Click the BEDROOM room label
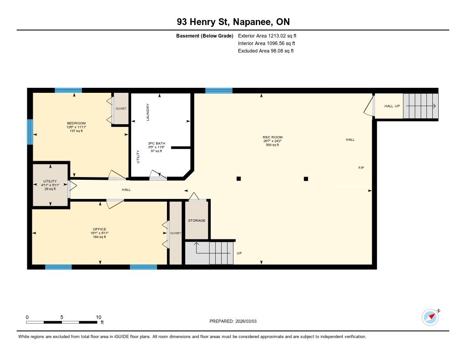coord(76,123)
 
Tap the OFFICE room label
coord(100,229)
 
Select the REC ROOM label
coord(273,137)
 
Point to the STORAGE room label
coord(197,221)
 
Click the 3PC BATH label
coord(157,143)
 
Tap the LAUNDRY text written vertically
coord(148,112)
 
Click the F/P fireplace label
coord(361,168)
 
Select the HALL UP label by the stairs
coord(392,106)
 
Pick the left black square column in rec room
coord(238,179)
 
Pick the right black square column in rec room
coord(306,179)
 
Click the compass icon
coord(431,318)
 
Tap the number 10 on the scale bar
coord(98,317)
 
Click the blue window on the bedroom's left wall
coord(30,132)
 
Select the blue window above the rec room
coord(219,91)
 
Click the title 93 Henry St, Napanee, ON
coord(233,22)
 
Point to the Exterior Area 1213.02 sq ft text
coord(267,35)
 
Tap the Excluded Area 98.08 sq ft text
coord(266,51)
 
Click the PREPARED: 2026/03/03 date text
coord(233,321)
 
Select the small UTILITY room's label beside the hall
coord(50,181)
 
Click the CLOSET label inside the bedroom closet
coord(121,109)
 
